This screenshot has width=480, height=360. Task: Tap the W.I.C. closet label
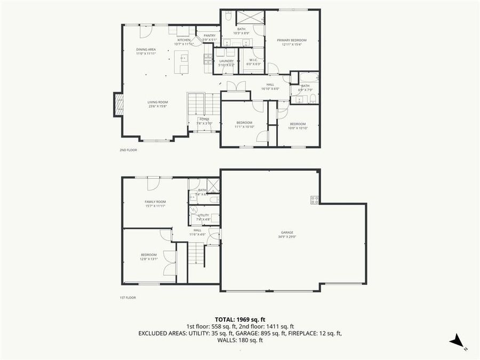pos(253,62)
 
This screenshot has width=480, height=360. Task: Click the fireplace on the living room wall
pos(118,105)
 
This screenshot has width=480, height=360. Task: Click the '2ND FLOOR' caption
pos(128,150)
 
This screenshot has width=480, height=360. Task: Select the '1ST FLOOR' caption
pos(128,298)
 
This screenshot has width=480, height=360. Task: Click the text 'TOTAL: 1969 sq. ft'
pos(239,318)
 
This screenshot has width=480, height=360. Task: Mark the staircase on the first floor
pos(197,254)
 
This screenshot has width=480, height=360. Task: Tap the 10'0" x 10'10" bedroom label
pos(298,126)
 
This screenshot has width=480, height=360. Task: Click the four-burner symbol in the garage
pos(315,200)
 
